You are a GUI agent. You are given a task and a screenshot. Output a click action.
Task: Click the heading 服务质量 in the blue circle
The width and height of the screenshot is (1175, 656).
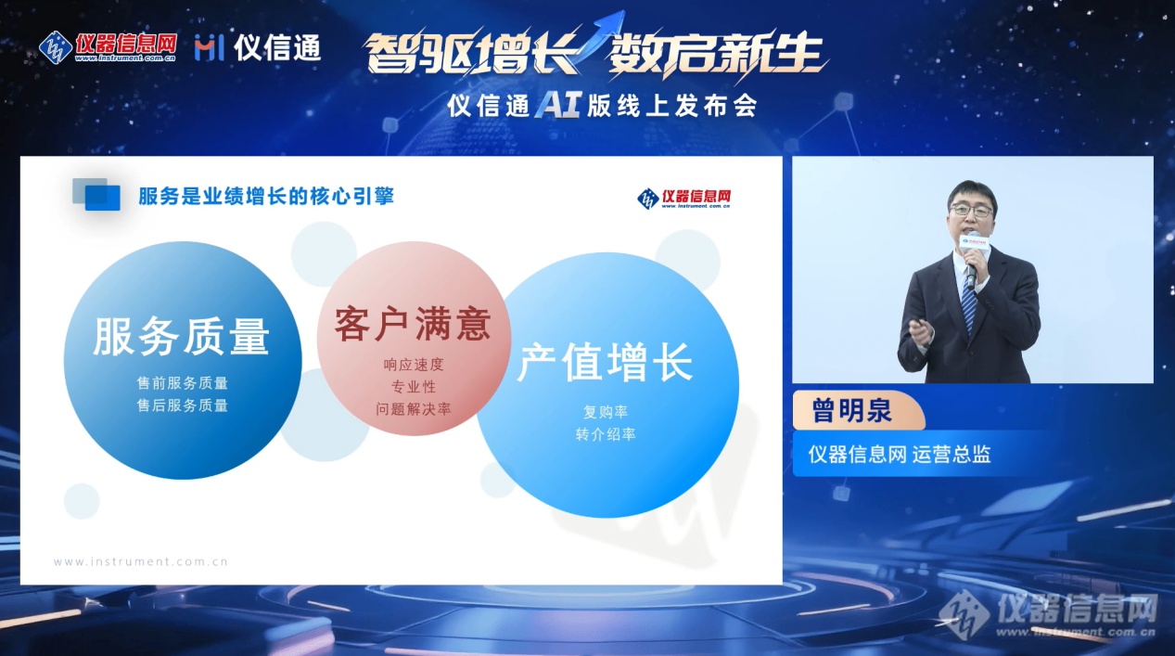(182, 337)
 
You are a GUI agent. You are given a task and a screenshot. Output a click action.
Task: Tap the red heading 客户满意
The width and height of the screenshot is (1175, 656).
(413, 324)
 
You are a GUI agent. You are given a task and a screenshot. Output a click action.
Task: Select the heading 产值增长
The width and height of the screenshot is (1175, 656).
(606, 362)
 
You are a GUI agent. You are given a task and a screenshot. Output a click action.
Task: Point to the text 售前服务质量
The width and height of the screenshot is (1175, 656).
(183, 383)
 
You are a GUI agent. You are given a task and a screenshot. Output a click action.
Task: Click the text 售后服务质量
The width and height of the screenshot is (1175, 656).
(183, 405)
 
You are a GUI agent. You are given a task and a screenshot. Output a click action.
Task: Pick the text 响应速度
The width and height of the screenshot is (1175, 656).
(414, 365)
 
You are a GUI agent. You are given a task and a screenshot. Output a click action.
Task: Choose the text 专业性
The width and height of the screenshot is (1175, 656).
(414, 387)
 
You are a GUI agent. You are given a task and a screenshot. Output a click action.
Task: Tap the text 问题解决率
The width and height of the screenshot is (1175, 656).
(414, 409)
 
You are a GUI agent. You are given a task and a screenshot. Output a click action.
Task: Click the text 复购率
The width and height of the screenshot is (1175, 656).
(606, 412)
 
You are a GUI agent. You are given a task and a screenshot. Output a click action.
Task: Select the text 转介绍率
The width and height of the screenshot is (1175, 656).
(606, 434)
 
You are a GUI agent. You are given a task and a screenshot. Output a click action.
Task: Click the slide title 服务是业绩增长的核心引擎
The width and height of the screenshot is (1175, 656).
(266, 197)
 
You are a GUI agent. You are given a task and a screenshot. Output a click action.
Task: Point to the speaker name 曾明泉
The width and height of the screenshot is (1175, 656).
(851, 410)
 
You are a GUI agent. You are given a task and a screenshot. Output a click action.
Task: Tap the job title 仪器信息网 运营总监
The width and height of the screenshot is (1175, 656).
(899, 455)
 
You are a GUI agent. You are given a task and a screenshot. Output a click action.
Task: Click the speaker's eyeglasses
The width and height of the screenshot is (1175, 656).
(971, 211)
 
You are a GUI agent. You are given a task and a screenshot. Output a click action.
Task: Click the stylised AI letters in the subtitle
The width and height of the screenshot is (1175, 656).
(558, 106)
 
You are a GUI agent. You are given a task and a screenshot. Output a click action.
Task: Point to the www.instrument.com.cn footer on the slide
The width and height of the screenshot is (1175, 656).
(141, 561)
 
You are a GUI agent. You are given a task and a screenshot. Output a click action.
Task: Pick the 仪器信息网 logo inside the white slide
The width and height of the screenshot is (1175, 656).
(683, 199)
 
